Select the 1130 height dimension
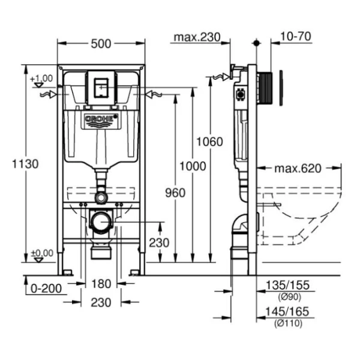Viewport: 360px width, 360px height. coord(26,163)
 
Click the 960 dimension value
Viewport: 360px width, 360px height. coord(175,192)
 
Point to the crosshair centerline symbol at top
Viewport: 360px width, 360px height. coord(256,43)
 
